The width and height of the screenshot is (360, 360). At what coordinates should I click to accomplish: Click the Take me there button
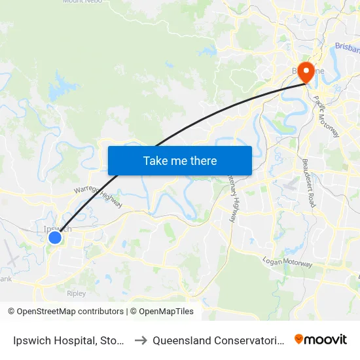[179, 160]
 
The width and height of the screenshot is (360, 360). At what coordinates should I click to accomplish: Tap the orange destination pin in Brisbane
[306, 73]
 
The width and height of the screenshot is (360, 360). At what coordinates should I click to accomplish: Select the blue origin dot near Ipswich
[55, 238]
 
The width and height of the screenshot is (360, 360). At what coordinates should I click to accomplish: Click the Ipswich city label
[58, 228]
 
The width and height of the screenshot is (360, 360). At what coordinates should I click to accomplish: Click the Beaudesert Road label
[308, 183]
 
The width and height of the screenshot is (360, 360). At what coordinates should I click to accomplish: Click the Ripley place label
[76, 293]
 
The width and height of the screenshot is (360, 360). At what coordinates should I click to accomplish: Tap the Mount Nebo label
[80, 2]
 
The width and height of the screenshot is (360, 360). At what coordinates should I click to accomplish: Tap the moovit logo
[321, 339]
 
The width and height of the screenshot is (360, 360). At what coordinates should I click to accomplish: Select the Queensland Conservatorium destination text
[219, 340]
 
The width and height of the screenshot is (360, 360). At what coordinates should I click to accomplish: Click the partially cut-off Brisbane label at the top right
[347, 47]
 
